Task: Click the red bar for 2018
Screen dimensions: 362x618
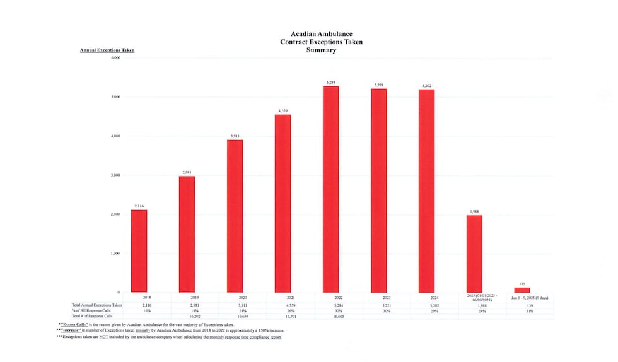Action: tap(139, 250)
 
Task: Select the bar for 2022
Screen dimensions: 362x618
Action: tap(331, 189)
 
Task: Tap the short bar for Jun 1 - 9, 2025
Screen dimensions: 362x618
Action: tap(522, 290)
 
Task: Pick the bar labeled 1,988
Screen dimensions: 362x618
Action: tap(474, 254)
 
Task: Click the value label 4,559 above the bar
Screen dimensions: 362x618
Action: tap(283, 111)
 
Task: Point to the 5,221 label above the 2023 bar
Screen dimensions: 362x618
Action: tap(379, 85)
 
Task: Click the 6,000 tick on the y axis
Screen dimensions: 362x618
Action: tap(115, 58)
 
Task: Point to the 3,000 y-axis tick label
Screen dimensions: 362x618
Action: tap(115, 175)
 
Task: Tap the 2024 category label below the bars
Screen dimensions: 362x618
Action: tap(427, 296)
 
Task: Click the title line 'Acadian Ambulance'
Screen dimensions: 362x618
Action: tap(321, 33)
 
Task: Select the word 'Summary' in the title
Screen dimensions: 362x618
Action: tap(321, 50)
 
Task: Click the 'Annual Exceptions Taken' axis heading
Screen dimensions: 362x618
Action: tap(107, 50)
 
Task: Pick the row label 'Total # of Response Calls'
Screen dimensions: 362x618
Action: tap(92, 315)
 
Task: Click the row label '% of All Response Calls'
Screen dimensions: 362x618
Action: tap(92, 309)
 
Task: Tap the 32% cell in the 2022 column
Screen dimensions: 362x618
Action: tap(331, 309)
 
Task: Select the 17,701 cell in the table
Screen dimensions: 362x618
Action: tap(283, 315)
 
